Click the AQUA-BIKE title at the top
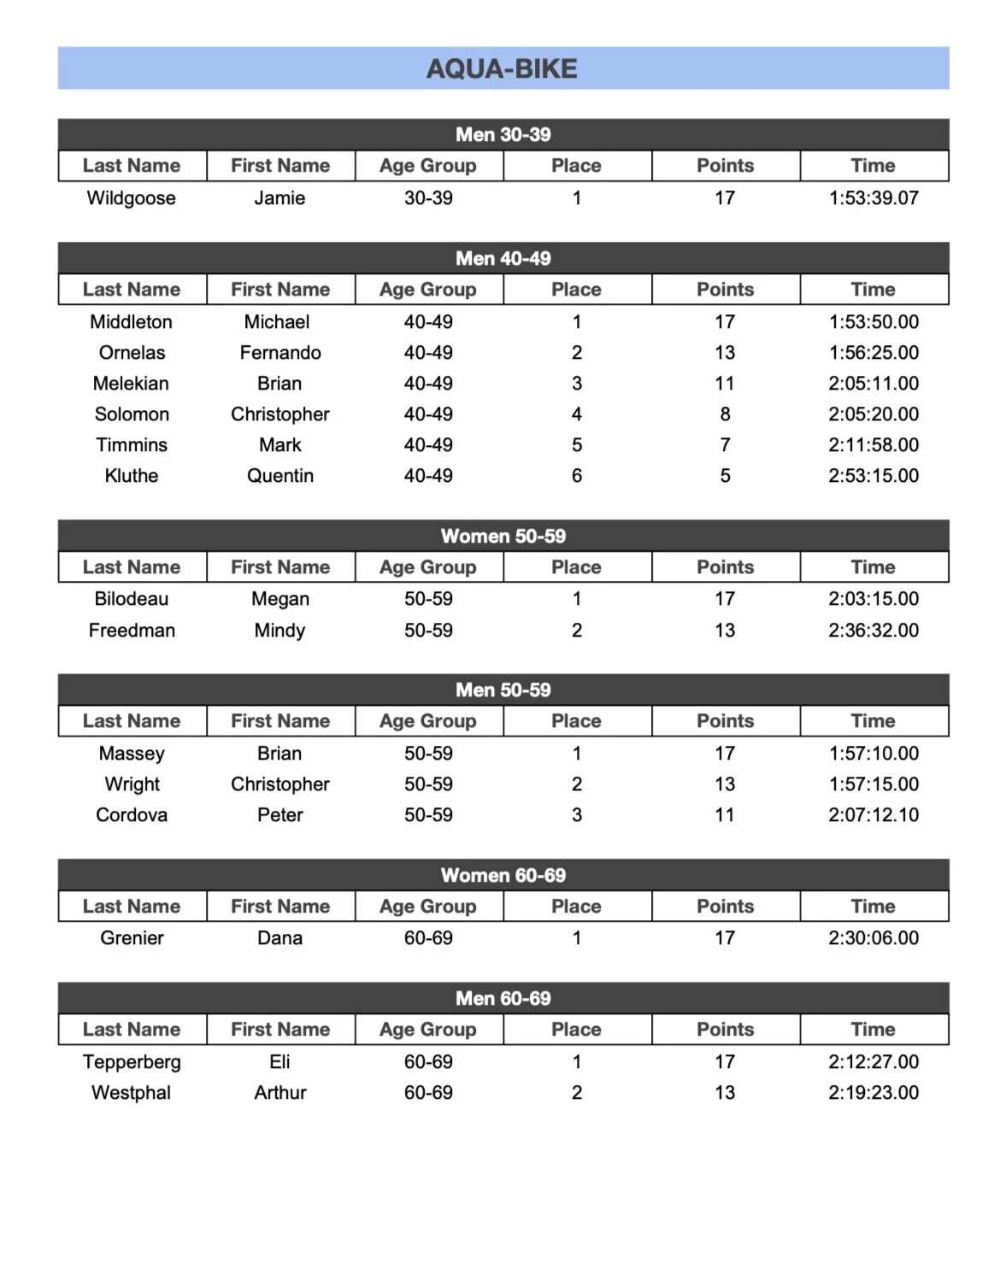point(503,68)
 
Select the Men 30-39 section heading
point(503,134)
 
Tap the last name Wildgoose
point(132,198)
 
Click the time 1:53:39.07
point(873,198)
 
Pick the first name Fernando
point(280,353)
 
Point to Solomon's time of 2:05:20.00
point(873,414)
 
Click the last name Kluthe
point(132,476)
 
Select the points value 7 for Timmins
point(725,445)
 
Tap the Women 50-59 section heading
point(503,536)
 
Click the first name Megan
point(280,599)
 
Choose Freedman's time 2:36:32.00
point(873,631)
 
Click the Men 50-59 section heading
point(503,690)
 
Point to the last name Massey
point(132,754)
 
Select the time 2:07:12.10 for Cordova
point(873,815)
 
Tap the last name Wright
point(132,784)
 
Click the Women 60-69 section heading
point(503,875)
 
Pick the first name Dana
point(280,938)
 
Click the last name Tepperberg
point(132,1062)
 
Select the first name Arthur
point(280,1093)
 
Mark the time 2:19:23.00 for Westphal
point(873,1093)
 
